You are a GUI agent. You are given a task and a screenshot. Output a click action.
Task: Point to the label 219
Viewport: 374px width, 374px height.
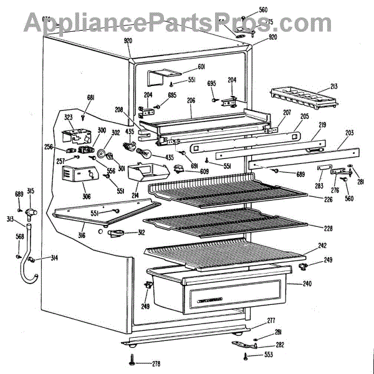(323, 125)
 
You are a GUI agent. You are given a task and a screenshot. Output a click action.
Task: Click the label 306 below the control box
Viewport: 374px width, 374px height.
(87, 197)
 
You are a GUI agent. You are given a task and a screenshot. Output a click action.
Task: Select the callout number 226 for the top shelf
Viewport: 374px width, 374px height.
(328, 199)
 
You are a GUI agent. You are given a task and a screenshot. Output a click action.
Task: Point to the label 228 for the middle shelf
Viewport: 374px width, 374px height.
(328, 227)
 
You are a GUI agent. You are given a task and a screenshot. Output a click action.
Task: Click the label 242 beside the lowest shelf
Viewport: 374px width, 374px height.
(322, 246)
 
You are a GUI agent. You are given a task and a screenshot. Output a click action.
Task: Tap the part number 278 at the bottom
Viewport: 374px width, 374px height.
(155, 363)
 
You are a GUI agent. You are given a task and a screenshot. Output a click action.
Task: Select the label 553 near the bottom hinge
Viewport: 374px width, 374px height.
(268, 355)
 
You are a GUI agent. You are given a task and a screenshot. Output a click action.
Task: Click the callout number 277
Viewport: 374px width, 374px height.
(271, 321)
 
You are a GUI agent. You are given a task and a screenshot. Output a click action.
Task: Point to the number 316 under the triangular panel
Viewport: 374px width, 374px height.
(82, 235)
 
